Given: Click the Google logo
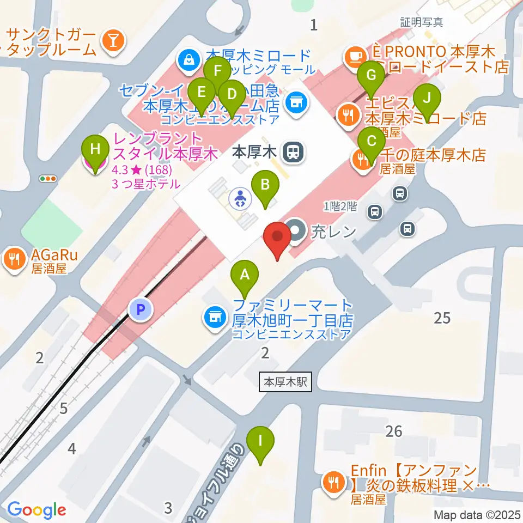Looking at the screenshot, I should tap(37, 509).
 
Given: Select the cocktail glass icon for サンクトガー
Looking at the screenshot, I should tap(113, 39).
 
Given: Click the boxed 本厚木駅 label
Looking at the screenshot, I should tap(285, 382).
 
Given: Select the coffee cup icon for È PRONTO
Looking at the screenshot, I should tap(354, 54).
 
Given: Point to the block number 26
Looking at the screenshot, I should tap(393, 431).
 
